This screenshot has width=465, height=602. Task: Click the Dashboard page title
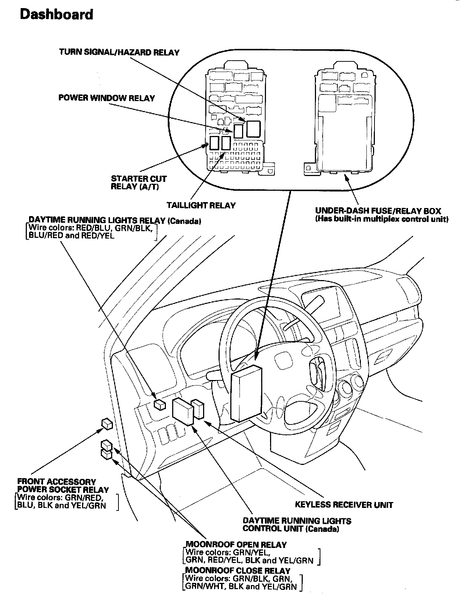tap(56, 14)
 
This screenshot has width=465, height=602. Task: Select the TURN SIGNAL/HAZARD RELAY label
tap(119, 52)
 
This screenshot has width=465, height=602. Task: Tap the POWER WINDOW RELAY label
tap(107, 98)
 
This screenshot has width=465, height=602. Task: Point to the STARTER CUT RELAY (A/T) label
tap(139, 183)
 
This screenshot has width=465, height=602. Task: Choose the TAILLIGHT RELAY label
tap(201, 205)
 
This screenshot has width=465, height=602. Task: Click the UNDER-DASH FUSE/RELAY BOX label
tap(378, 211)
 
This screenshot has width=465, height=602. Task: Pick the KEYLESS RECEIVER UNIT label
tap(344, 505)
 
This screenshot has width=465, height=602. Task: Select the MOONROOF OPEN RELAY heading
tap(236, 545)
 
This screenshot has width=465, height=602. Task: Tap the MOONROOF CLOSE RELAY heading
tap(238, 571)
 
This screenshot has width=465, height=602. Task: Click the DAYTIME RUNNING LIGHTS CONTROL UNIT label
tap(297, 525)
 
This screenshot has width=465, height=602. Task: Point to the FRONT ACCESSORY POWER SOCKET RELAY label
tap(63, 485)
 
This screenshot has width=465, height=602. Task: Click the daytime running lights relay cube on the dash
tap(160, 404)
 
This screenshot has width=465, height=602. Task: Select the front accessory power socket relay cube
tap(107, 424)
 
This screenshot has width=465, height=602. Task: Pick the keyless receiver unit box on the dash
tap(198, 409)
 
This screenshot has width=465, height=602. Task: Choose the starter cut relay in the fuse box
tap(214, 143)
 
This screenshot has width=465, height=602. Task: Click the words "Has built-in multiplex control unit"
tap(382, 219)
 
